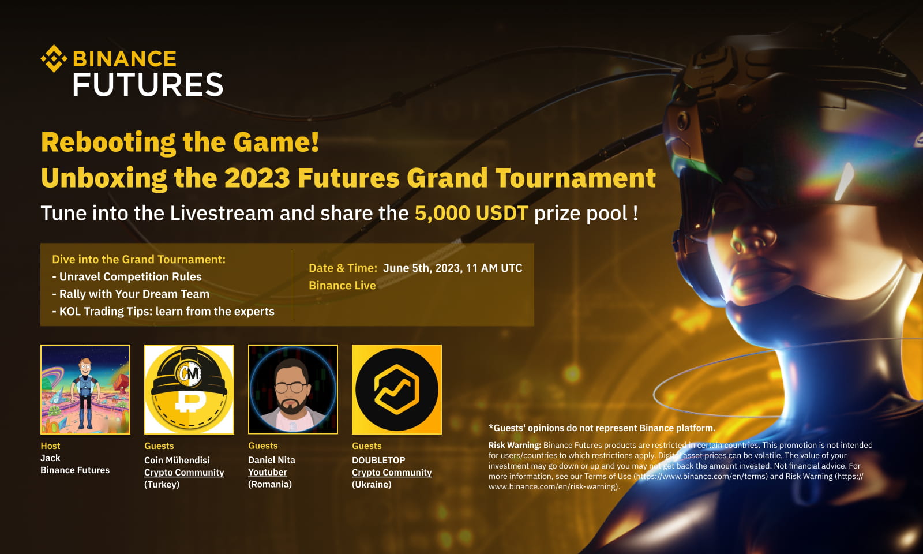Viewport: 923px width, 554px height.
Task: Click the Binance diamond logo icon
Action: coord(54,58)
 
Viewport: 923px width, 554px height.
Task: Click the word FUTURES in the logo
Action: coord(148,85)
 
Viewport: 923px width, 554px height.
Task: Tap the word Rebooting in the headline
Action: coord(108,143)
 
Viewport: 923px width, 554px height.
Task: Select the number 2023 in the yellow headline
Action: coord(257,178)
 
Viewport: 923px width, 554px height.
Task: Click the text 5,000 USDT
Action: coord(471,214)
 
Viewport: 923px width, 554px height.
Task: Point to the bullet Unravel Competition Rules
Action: coord(130,277)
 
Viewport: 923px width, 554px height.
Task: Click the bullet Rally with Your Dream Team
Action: coord(134,294)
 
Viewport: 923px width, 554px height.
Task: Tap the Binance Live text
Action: coord(342,286)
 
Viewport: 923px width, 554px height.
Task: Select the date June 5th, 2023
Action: coord(422,268)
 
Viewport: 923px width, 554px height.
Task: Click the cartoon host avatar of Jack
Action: coord(85,390)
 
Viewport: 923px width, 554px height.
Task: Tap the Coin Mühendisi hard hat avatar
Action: coord(189,390)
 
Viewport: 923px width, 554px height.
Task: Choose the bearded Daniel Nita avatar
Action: coord(293,390)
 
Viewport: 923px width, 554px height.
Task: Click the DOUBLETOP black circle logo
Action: coord(397,390)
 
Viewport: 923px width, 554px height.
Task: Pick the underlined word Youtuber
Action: coord(268,472)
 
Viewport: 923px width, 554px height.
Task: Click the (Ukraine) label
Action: coord(372,484)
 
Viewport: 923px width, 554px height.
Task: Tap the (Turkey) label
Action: coord(162,484)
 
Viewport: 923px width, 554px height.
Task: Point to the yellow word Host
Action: coord(50,446)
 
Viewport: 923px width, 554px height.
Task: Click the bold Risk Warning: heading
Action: coord(515,445)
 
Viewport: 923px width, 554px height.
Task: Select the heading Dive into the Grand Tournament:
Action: coord(138,260)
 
